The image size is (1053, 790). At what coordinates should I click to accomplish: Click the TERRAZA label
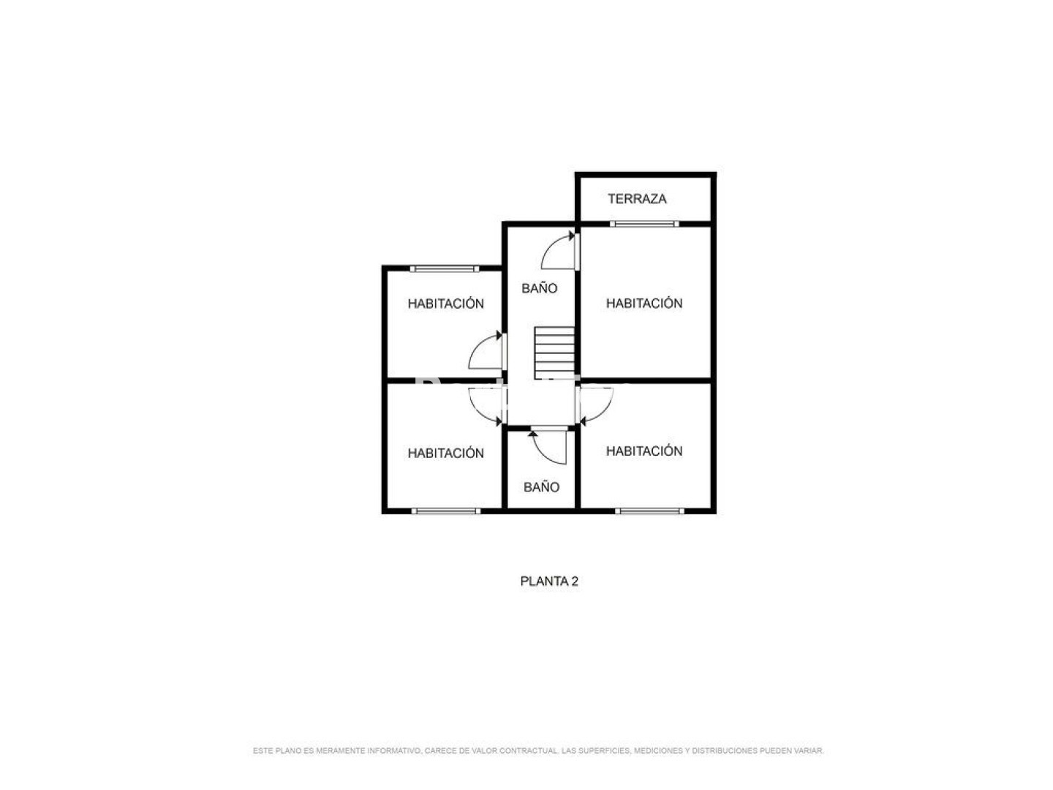637,198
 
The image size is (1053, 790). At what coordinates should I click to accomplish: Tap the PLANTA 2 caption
549,582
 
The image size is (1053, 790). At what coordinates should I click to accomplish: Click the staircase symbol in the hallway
554,353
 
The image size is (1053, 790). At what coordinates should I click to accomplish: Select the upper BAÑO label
539,288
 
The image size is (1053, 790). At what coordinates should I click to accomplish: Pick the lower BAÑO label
541,487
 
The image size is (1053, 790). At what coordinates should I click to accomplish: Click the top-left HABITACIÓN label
445,303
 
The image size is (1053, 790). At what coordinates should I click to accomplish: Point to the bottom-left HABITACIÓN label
445,453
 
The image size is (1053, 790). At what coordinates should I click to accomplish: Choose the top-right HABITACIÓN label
643,303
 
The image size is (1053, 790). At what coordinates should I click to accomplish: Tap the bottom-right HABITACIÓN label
643,451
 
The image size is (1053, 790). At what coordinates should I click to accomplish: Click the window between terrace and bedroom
643,224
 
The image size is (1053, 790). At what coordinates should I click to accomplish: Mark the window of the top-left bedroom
444,268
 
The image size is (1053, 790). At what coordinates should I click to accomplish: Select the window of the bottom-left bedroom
445,511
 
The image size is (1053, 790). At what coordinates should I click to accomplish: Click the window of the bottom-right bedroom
649,511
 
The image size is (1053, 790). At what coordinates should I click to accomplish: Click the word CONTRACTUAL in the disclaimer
529,750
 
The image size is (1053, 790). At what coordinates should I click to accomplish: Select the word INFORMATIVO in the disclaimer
395,750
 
